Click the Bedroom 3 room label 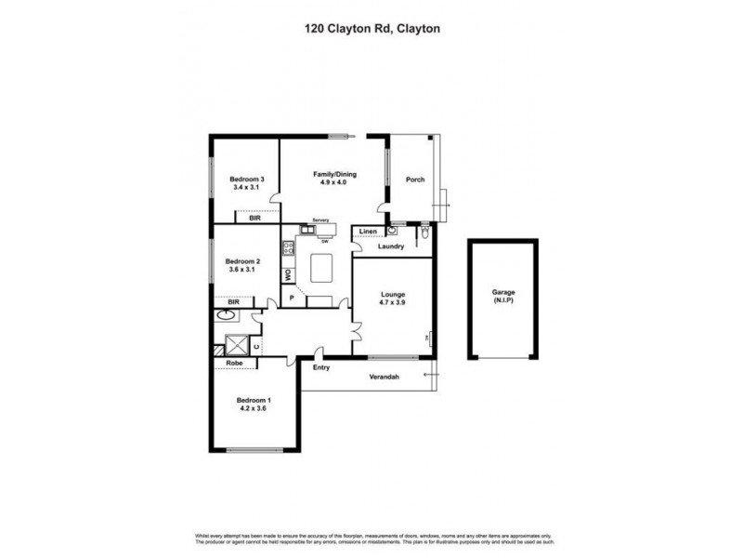[248, 179]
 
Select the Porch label [415, 179]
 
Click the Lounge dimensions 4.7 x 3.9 [393, 302]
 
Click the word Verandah [384, 376]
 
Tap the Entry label [321, 367]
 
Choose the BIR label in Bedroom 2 [233, 302]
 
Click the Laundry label [390, 246]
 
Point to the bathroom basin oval [225, 316]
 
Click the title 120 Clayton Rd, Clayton [371, 29]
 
